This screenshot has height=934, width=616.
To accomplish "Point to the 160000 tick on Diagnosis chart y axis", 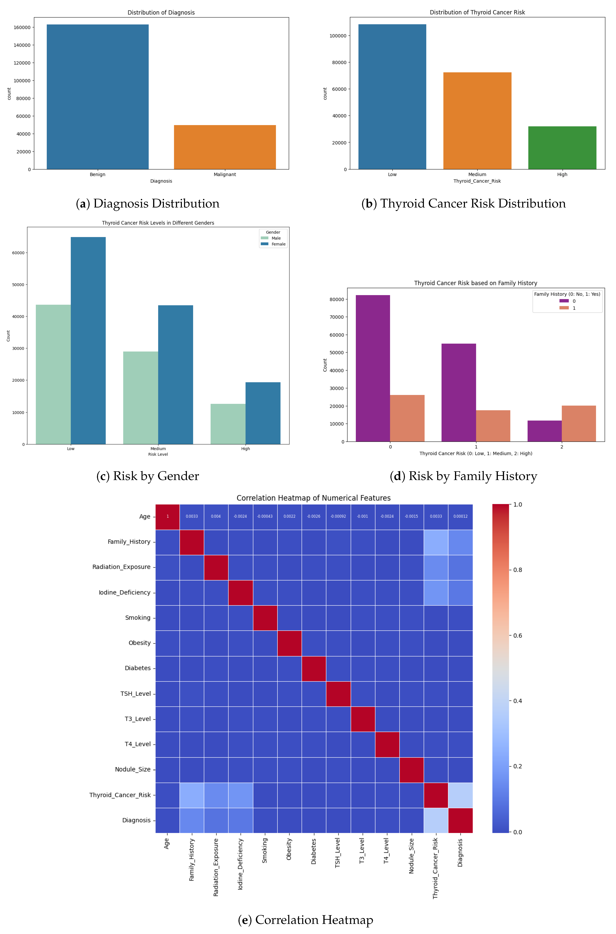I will [22, 28].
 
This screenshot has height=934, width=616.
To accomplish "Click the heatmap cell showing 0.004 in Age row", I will [216, 516].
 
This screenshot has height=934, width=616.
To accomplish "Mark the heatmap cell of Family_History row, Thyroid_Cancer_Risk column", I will [436, 542].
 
